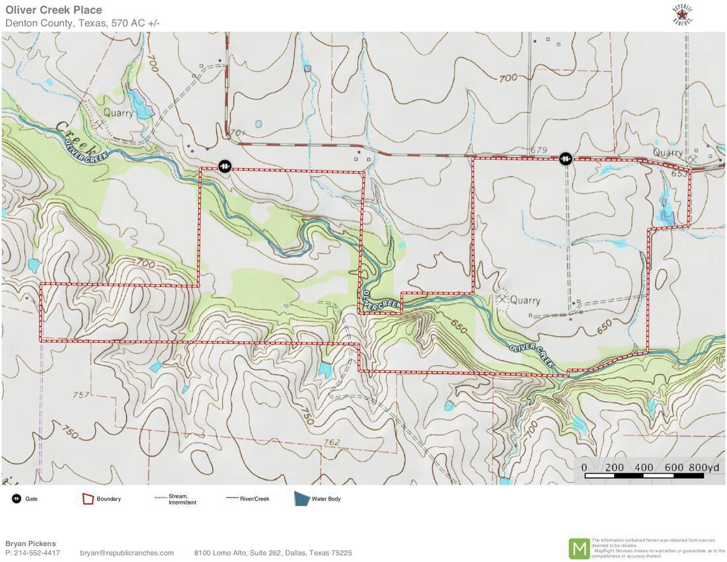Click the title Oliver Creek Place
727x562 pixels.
pyautogui.click(x=54, y=10)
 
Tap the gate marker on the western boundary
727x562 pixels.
pyautogui.click(x=225, y=165)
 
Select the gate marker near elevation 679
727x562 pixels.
pyautogui.click(x=566, y=158)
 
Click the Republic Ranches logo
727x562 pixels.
pyautogui.click(x=682, y=15)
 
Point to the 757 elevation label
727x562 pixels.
pyautogui.click(x=81, y=395)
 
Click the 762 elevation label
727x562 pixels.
pyautogui.click(x=332, y=442)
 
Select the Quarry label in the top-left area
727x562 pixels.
pyautogui.click(x=118, y=112)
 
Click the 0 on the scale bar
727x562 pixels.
pyautogui.click(x=584, y=467)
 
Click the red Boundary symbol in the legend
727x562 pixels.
pyautogui.click(x=88, y=499)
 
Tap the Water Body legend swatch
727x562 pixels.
pyautogui.click(x=302, y=499)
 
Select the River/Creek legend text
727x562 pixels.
pyautogui.click(x=254, y=499)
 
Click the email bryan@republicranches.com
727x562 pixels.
pyautogui.click(x=127, y=553)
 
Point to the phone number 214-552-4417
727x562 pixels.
pyautogui.click(x=37, y=553)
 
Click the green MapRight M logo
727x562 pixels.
pyautogui.click(x=579, y=548)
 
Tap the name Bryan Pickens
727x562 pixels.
pyautogui.click(x=30, y=543)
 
